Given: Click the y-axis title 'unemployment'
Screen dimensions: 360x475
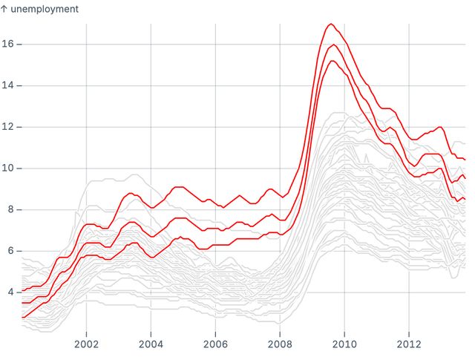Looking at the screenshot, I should click(x=44, y=9).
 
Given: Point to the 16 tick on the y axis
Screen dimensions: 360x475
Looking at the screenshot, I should click(x=10, y=45).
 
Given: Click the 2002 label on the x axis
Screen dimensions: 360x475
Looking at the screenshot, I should click(x=86, y=344).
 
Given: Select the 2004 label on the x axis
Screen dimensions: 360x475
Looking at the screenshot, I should click(x=151, y=344).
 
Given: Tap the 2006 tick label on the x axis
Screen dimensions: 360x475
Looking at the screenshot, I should click(x=215, y=344).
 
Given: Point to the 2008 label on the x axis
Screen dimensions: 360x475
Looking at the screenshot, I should click(x=280, y=344).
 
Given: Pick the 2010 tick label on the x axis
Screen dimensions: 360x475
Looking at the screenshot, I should click(x=344, y=344).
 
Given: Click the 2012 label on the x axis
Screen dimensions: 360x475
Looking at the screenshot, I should click(x=409, y=344).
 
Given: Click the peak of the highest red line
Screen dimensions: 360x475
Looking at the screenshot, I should click(x=331, y=24).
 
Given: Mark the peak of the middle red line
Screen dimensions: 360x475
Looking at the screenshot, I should click(x=333, y=45).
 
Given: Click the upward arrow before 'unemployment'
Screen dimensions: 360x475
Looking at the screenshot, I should click(x=4, y=9).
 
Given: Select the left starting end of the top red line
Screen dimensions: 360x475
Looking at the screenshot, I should click(x=22, y=290).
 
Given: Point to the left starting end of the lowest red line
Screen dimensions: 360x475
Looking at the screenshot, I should click(x=22, y=318).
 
